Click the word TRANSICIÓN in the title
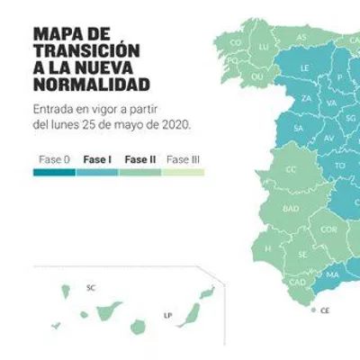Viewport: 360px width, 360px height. coord(86,51)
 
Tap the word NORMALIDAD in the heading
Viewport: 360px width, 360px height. coord(92,85)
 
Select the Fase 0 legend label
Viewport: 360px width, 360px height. coord(54,159)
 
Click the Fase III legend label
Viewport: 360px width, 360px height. coord(183,159)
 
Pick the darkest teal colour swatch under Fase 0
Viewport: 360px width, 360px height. coord(54,173)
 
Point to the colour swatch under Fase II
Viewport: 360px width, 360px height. coord(140,173)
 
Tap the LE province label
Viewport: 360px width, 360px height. coord(304,68)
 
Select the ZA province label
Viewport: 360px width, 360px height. coord(306,98)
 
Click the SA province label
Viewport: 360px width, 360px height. coord(298,129)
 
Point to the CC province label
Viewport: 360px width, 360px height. coord(291,170)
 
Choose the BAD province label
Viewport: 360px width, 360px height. coord(291,209)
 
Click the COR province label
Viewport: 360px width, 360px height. coord(328,229)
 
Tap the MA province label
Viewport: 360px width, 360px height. coord(332,274)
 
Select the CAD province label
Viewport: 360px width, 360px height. coord(298,283)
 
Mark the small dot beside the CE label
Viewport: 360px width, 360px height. coord(313,310)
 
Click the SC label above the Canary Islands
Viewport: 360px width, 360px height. coord(91,288)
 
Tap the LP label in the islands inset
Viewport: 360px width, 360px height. coord(167,316)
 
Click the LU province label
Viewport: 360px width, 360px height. coord(264,47)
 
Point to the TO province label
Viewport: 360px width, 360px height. coord(340,166)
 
